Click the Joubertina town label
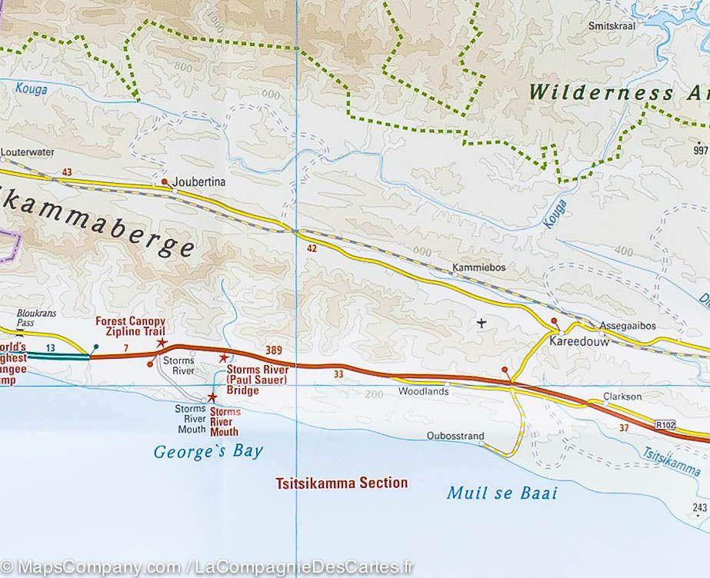pyautogui.click(x=199, y=183)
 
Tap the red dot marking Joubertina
pyautogui.click(x=164, y=182)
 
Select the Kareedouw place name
pyautogui.click(x=579, y=342)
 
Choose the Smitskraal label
pyautogui.click(x=612, y=25)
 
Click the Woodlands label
pyautogui.click(x=423, y=391)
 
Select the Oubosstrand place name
pyautogui.click(x=455, y=437)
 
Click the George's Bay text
pyautogui.click(x=208, y=452)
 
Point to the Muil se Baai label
pyautogui.click(x=502, y=493)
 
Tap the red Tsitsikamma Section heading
pyautogui.click(x=342, y=483)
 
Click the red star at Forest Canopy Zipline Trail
pyautogui.click(x=162, y=343)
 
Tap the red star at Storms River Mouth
pyautogui.click(x=212, y=397)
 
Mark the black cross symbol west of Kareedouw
pyautogui.click(x=482, y=323)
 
